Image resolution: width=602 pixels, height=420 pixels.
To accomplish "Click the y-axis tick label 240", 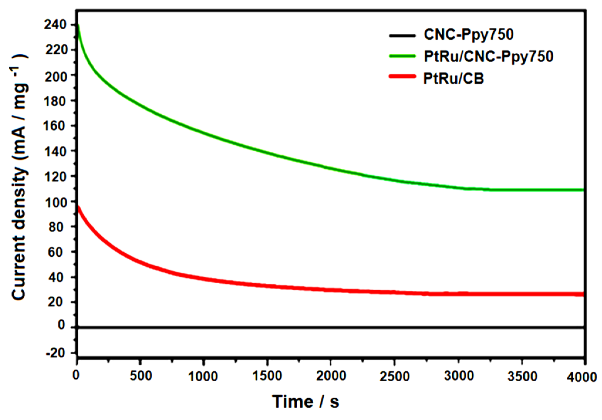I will (x=55, y=25).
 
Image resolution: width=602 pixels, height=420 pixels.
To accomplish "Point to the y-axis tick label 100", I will (x=55, y=202).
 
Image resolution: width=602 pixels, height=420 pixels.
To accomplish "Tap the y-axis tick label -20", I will (x=55, y=353).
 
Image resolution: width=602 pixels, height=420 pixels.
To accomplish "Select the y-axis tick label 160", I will (x=55, y=126).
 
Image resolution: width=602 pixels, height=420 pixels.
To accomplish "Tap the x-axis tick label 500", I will (x=141, y=376).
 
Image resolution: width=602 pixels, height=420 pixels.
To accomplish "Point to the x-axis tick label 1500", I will (x=267, y=376).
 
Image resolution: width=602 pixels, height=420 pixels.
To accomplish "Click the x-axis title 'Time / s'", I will (x=306, y=401).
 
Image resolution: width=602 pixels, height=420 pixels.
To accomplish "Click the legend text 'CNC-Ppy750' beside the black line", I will (x=468, y=35).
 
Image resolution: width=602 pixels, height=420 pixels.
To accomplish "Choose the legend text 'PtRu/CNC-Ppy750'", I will (x=488, y=56).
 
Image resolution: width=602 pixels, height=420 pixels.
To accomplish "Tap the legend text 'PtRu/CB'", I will (x=453, y=78).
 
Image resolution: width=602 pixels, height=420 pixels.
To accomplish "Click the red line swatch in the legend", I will (x=402, y=77).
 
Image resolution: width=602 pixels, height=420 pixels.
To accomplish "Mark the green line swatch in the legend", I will (x=402, y=56).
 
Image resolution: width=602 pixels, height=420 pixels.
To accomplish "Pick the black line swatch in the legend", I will (x=402, y=35).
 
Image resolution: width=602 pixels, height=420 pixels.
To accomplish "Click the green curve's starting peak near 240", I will (x=78, y=26).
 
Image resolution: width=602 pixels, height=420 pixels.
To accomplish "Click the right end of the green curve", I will (x=582, y=190).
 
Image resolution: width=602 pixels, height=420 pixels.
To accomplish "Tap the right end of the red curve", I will (x=582, y=294).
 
